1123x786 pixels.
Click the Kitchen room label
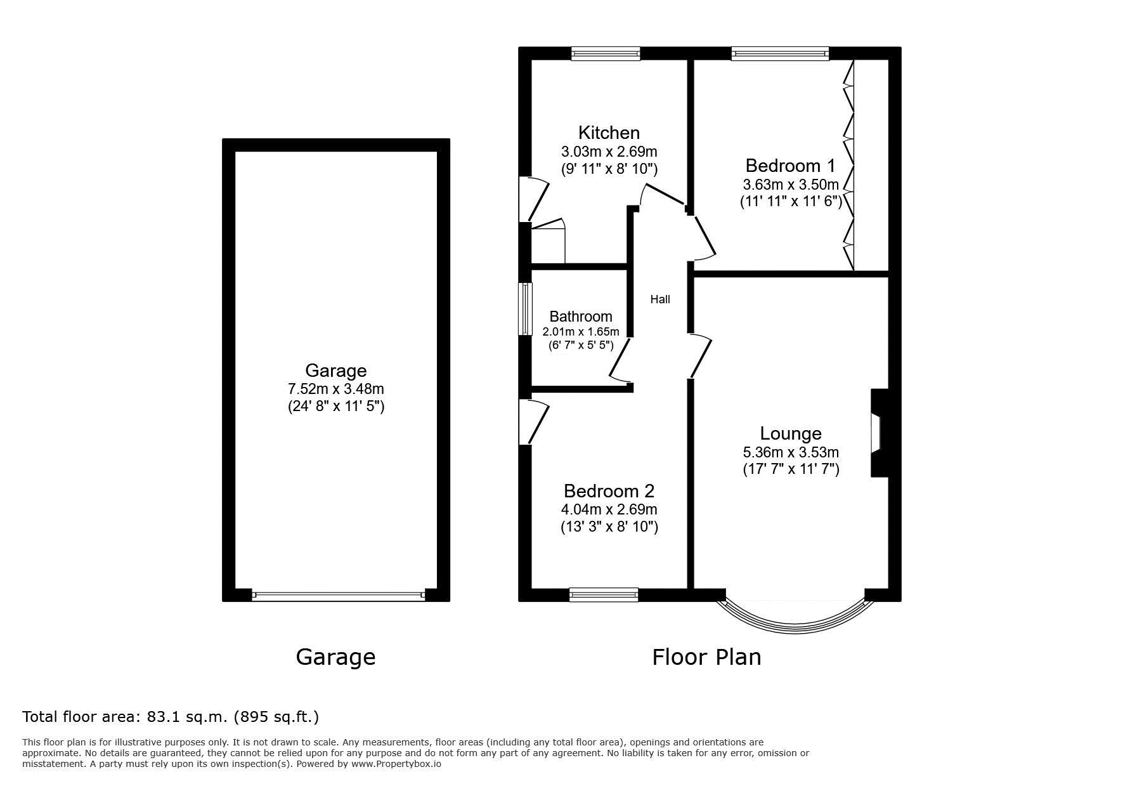pos(609,133)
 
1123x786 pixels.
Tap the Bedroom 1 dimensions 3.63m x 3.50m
pos(791,185)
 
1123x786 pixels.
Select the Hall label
pos(660,299)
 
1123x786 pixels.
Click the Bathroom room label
pos(581,316)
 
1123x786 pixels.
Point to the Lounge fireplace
pos(879,433)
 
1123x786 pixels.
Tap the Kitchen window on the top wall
pos(606,54)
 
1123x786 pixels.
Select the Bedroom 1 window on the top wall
pos(780,54)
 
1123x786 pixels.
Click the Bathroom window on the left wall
pos(525,308)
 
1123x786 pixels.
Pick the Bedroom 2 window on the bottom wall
pos(604,594)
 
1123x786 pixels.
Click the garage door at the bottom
pos(338,595)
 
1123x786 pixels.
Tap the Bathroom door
pos(621,360)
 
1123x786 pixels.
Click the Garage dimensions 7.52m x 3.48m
pos(336,389)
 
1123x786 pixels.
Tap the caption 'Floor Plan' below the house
pos(706,657)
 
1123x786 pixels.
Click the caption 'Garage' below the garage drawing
pos(335,657)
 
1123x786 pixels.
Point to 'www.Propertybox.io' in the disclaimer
pos(396,764)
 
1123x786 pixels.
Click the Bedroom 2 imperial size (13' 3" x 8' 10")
pos(609,527)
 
